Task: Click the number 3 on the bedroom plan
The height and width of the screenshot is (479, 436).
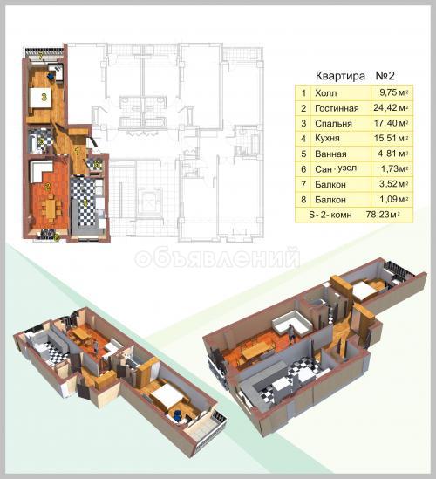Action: tap(44, 98)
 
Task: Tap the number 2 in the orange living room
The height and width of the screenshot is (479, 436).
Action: tap(48, 187)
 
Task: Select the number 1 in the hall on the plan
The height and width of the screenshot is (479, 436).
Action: tap(78, 151)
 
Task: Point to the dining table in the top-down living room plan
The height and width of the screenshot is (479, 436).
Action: tap(51, 208)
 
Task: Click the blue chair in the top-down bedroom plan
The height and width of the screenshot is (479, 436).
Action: tap(51, 75)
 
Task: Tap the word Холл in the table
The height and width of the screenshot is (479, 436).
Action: tap(326, 92)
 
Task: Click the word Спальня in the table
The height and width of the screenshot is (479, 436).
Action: tap(333, 123)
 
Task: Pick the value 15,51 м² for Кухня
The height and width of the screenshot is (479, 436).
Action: tap(392, 138)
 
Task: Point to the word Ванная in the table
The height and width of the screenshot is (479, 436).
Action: tap(330, 154)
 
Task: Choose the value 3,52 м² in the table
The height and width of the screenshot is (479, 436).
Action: tap(393, 184)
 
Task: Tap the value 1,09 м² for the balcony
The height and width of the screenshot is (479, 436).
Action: tap(394, 199)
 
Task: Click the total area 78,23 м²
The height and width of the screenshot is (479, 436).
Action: tap(383, 215)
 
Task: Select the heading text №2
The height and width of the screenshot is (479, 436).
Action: tap(385, 75)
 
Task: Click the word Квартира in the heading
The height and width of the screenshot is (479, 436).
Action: tap(340, 76)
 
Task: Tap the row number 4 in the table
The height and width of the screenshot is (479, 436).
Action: tap(303, 139)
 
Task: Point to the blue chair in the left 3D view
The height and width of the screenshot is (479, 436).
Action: tap(177, 416)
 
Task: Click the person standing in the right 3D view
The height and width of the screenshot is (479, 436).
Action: tap(291, 332)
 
